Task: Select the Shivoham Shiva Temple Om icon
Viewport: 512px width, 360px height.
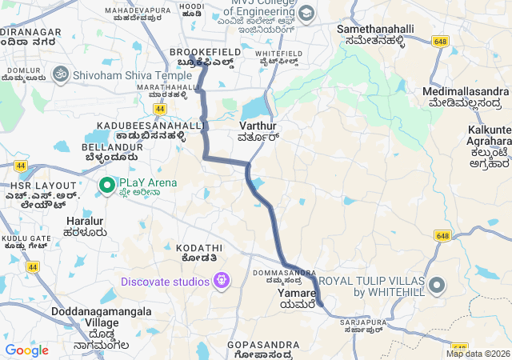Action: pos(58,74)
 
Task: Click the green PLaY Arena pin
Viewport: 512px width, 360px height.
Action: pos(106,186)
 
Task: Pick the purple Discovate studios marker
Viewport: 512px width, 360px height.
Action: pos(222,281)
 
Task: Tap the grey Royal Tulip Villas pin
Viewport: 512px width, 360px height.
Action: pos(437,285)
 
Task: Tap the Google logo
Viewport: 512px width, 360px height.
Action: pos(26,350)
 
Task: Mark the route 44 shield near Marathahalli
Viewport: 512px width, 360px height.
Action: pos(161,108)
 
